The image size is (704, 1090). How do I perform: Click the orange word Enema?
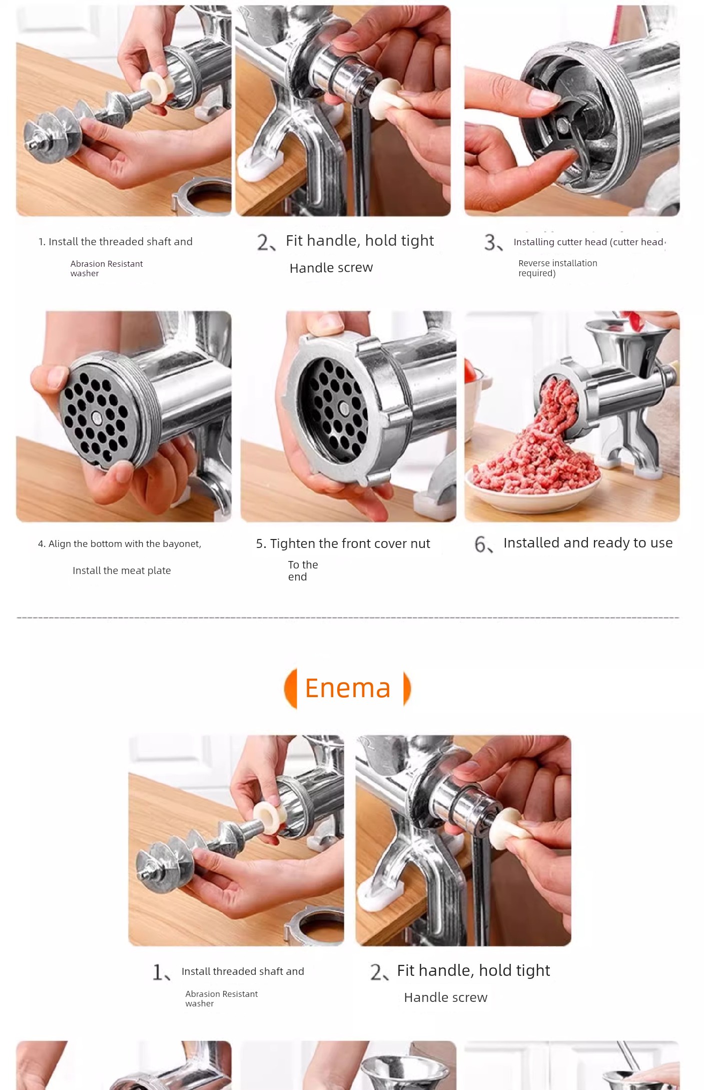click(348, 688)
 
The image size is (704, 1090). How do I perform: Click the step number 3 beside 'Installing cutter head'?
click(492, 242)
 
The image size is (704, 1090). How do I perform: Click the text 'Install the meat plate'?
click(122, 571)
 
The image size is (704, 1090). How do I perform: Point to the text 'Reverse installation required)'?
click(557, 268)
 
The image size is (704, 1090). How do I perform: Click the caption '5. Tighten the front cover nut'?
click(343, 543)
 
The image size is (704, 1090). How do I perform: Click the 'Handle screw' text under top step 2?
click(331, 268)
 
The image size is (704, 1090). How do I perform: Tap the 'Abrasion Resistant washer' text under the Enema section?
click(221, 998)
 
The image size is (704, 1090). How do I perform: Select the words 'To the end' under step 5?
click(303, 571)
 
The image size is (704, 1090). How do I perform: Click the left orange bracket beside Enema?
click(291, 688)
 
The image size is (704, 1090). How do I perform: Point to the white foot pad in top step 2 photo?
click(260, 165)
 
